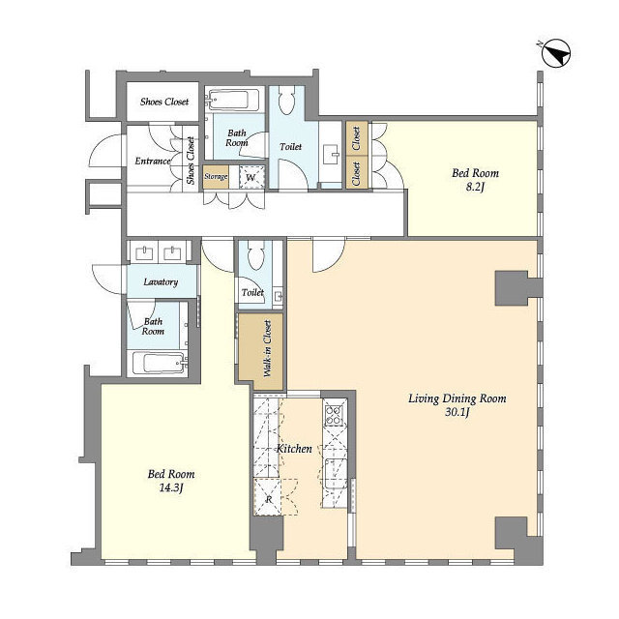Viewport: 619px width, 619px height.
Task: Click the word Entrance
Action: (154, 162)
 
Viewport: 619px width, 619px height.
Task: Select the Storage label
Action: (216, 177)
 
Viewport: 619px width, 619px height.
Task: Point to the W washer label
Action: (250, 177)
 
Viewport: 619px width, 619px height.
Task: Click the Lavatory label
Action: (161, 282)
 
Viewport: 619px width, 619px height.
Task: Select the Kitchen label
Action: (294, 449)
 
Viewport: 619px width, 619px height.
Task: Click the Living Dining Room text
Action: (457, 398)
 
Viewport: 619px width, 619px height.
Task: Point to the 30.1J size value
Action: (457, 413)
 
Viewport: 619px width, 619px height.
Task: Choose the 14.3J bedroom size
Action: (171, 488)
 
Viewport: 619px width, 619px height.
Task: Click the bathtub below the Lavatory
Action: (159, 364)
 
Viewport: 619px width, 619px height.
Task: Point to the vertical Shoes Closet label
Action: (191, 161)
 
